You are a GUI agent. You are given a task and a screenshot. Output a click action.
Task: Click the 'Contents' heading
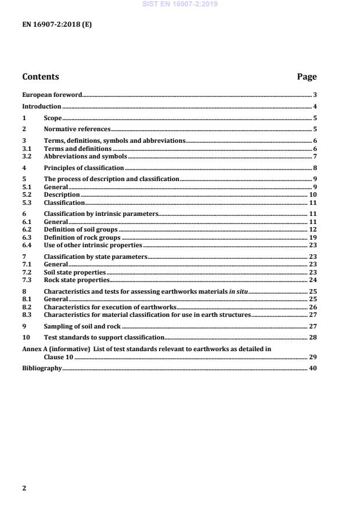(40, 77)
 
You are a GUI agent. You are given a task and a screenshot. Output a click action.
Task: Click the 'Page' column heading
(307, 77)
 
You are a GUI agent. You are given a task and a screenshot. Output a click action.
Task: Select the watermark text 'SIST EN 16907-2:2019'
(179, 4)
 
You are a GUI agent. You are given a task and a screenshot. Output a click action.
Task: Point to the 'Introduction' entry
(41, 106)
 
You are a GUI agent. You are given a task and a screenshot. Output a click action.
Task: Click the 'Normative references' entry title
(77, 129)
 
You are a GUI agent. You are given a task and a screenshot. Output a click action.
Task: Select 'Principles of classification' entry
(84, 168)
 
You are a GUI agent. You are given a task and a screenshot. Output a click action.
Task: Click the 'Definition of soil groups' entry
(81, 230)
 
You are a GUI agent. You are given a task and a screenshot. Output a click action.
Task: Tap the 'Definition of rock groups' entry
(82, 237)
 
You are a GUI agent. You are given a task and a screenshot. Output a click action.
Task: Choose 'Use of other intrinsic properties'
(93, 245)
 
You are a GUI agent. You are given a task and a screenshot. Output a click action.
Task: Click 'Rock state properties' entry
(77, 279)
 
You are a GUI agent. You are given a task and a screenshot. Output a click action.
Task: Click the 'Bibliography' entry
(41, 369)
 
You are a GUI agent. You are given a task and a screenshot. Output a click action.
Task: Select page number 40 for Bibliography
(313, 369)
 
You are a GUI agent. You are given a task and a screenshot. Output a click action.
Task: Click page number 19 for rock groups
(313, 237)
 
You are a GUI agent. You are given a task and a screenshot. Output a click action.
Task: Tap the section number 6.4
(26, 245)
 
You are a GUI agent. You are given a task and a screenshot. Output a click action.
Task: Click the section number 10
(26, 337)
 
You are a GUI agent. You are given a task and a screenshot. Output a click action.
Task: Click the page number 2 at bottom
(24, 488)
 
